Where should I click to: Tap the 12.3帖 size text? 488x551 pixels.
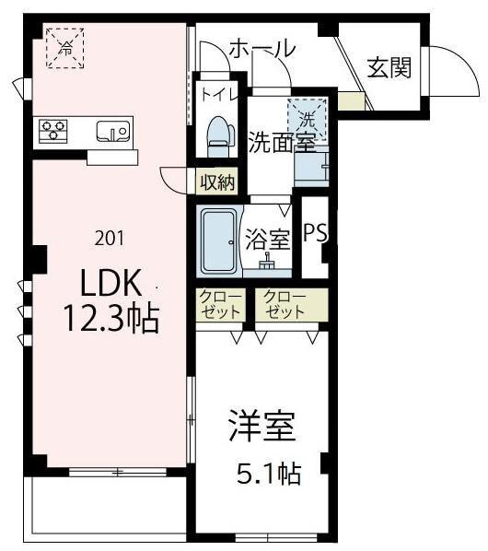(110, 319)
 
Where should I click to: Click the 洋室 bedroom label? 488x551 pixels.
(261, 429)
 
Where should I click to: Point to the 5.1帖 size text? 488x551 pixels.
(266, 475)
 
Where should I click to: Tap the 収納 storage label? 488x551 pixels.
(219, 182)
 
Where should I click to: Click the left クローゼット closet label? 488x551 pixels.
(219, 305)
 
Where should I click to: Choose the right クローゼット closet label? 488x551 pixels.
(283, 305)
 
